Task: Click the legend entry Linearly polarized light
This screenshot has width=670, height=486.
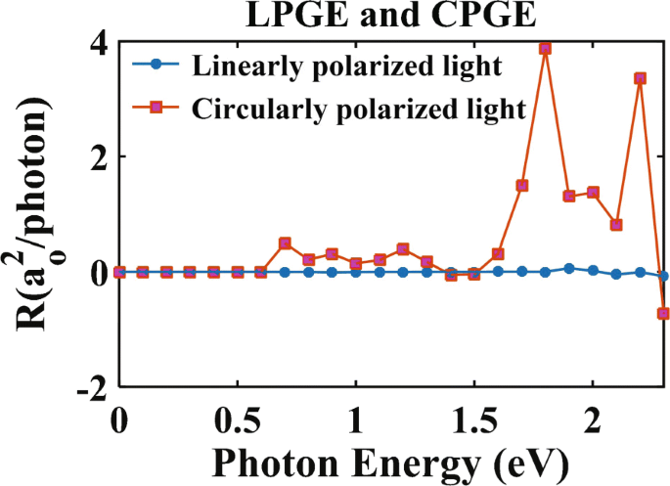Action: (x=347, y=66)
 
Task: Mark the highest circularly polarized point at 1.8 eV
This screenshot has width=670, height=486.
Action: (x=546, y=48)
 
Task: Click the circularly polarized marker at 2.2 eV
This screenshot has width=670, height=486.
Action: (x=641, y=78)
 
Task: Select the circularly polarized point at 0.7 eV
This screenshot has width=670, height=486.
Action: (x=285, y=243)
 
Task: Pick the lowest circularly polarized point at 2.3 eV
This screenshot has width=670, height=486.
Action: (x=664, y=314)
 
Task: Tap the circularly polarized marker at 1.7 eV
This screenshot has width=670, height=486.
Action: (x=522, y=185)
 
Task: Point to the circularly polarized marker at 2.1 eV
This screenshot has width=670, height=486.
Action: (x=616, y=225)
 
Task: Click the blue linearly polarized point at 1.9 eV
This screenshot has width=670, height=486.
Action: (x=569, y=268)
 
